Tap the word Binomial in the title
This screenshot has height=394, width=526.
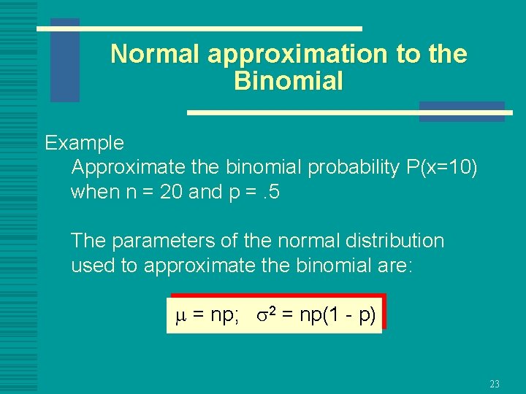click(x=288, y=81)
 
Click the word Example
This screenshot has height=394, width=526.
click(x=84, y=143)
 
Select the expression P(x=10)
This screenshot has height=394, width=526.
click(x=441, y=167)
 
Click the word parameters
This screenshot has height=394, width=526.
click(x=160, y=240)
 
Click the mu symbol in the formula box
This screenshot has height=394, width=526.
click(x=181, y=316)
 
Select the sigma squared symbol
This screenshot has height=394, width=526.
click(x=265, y=315)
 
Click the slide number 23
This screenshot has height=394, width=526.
click(x=494, y=384)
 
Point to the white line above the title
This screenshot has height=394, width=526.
click(x=199, y=28)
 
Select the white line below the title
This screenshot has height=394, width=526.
click(x=349, y=113)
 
